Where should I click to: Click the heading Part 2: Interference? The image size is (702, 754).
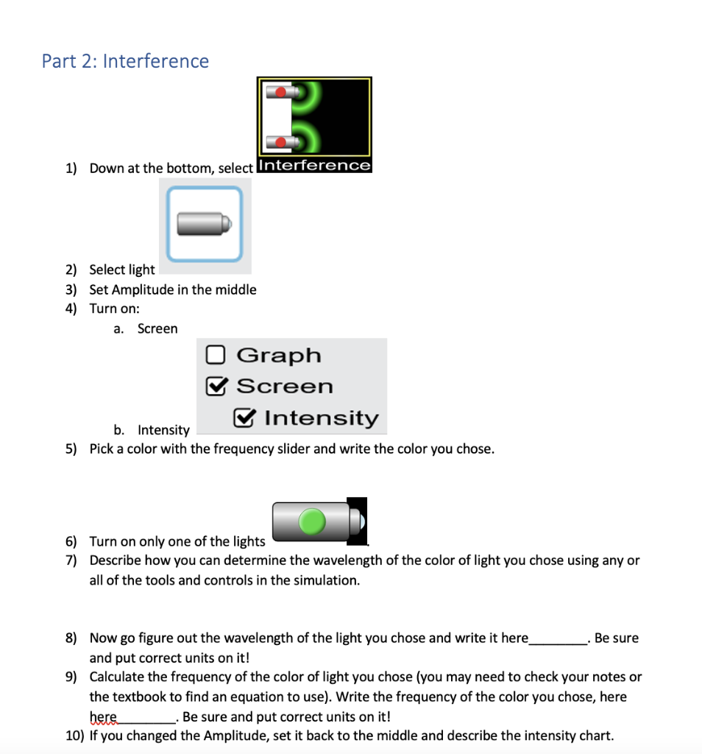(x=125, y=61)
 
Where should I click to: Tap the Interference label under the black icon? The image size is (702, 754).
(x=314, y=166)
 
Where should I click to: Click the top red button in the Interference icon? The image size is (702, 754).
(x=281, y=92)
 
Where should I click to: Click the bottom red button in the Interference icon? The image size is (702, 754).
(x=281, y=141)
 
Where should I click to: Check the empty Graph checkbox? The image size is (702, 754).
(x=215, y=356)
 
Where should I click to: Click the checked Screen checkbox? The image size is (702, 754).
(x=216, y=387)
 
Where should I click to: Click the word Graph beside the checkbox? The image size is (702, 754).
(x=279, y=356)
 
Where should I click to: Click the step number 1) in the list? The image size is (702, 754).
(x=71, y=169)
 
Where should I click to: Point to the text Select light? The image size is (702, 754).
(x=122, y=269)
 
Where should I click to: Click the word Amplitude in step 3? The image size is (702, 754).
(x=140, y=289)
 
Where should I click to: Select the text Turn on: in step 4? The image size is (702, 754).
(x=115, y=309)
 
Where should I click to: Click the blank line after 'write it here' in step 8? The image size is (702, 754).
(x=558, y=638)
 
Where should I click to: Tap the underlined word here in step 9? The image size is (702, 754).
(x=103, y=717)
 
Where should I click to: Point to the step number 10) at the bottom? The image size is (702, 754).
(x=74, y=736)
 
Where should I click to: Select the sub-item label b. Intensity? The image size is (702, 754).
(x=152, y=430)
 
